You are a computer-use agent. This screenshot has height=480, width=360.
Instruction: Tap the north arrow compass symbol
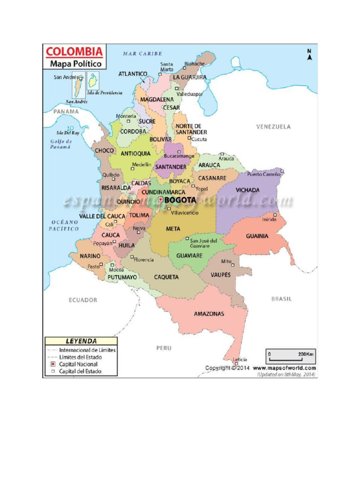pos(309,55)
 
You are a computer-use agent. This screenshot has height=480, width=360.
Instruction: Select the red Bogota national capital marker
pos(161,200)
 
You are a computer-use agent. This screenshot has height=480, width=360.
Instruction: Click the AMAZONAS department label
pos(209,314)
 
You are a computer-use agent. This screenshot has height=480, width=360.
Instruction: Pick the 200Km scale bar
pos(290,358)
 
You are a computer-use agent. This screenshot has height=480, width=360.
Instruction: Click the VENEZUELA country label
pos(273,127)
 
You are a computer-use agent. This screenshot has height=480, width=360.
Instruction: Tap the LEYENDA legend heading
pos(81,341)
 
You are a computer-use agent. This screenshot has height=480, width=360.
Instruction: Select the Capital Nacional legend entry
pos(78,364)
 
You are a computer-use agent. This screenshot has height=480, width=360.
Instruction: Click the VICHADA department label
pos(248,190)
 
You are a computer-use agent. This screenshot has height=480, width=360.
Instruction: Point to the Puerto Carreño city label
pos(263,174)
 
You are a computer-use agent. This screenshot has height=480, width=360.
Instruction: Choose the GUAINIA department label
pos(257,236)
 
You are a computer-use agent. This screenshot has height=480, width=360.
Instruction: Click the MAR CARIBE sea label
pos(142,53)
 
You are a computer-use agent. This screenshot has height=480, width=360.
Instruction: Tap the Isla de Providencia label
pos(105,93)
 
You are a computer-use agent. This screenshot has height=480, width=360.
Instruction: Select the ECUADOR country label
pos(83,300)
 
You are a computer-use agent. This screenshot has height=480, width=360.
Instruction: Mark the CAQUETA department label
pos(166,277)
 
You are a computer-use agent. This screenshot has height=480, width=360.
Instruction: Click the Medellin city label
pos(142,165)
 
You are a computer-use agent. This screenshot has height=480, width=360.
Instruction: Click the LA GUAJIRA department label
pos(189,77)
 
